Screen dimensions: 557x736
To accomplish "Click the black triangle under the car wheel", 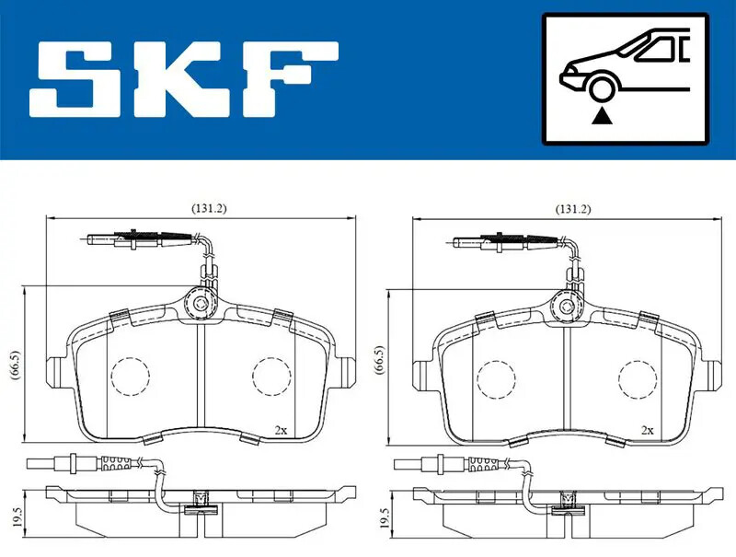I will pyautogui.click(x=602, y=115).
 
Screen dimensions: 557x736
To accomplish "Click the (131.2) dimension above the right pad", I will pyautogui.click(x=574, y=209).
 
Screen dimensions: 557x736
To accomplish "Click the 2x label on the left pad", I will pyautogui.click(x=281, y=429).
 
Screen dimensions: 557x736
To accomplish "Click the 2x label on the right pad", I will pyautogui.click(x=647, y=429).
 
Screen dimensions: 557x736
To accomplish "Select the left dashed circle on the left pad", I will pyautogui.click(x=129, y=375).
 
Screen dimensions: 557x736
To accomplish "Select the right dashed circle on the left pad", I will pyautogui.click(x=270, y=375).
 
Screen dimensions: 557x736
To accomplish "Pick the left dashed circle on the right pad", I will pyautogui.click(x=495, y=375).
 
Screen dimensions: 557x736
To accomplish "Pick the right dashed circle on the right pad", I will pyautogui.click(x=637, y=375).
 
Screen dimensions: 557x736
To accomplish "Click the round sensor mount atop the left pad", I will pyautogui.click(x=199, y=301).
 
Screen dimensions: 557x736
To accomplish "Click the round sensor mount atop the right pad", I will pyautogui.click(x=565, y=301).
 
